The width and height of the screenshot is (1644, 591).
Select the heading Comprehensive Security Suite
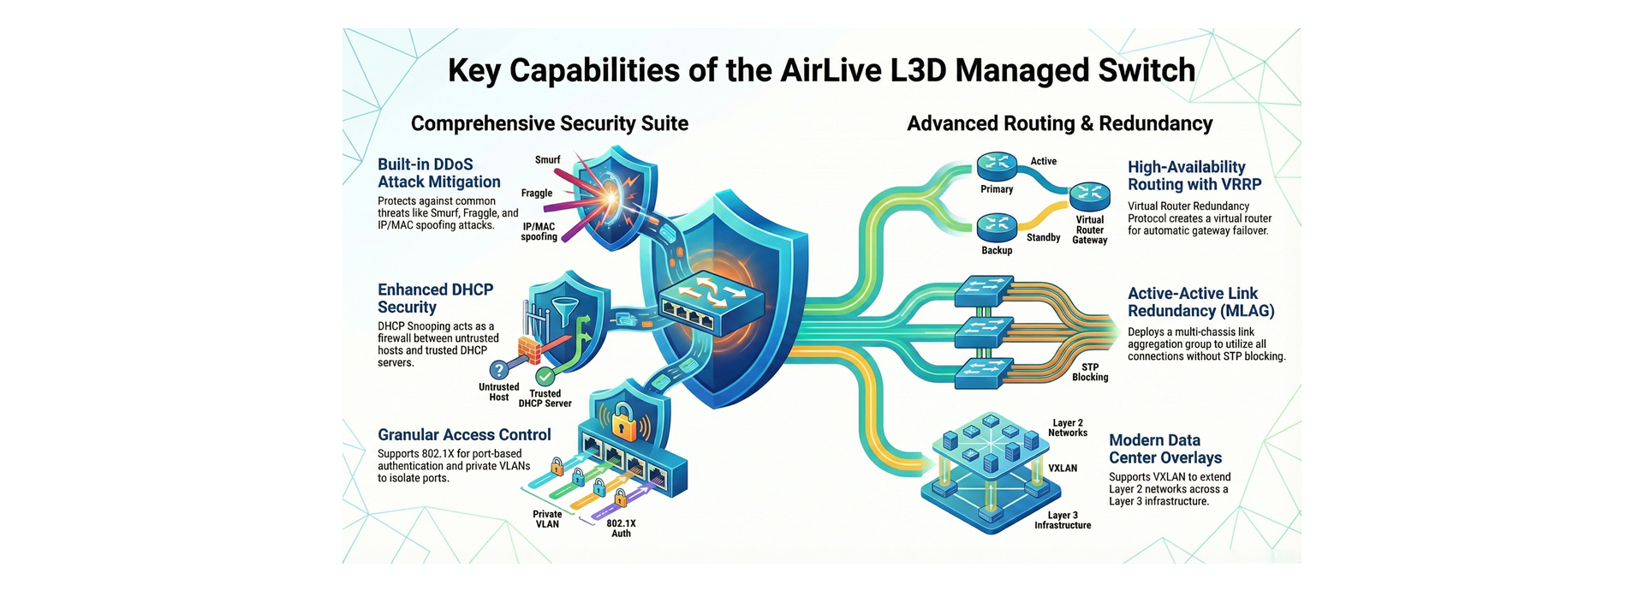click(549, 123)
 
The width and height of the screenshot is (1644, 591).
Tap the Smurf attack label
click(547, 160)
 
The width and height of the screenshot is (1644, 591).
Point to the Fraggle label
click(537, 194)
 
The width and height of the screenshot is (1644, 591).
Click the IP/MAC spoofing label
click(539, 232)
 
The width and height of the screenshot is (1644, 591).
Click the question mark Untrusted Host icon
click(499, 370)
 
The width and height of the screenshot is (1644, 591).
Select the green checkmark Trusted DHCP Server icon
click(545, 376)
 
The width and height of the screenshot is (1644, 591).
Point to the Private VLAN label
click(547, 519)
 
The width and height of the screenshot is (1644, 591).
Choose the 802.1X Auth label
click(621, 528)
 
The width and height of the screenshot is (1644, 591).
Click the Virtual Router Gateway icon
click(1090, 196)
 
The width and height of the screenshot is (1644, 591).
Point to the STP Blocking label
click(1090, 372)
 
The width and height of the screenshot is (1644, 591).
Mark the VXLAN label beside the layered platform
click(1063, 469)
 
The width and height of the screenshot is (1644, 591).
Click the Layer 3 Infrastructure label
click(1063, 520)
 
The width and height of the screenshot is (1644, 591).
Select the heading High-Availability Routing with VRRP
click(1194, 176)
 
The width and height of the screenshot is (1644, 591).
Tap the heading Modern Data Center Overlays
click(1164, 449)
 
